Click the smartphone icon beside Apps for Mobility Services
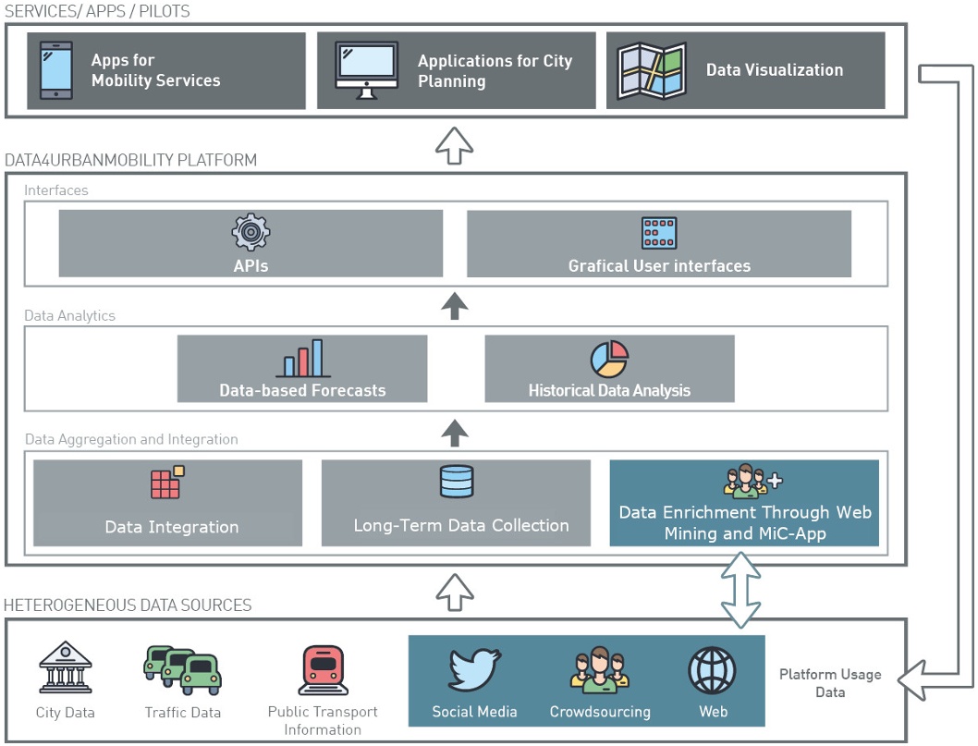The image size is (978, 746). (55, 70)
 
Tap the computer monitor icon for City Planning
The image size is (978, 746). (366, 70)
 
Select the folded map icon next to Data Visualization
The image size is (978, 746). (652, 70)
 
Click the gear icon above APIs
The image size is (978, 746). (251, 233)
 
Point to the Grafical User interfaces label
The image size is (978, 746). (659, 266)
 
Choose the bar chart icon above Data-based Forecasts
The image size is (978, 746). (302, 359)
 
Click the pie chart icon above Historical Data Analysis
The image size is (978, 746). (609, 360)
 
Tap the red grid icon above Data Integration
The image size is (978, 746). (167, 483)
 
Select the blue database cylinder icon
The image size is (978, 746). (456, 483)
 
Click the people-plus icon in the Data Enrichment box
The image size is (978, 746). (751, 482)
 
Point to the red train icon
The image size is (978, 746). (323, 670)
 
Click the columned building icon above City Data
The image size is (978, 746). (65, 668)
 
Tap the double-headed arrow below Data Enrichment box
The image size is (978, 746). (741, 592)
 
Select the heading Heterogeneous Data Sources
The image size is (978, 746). (128, 605)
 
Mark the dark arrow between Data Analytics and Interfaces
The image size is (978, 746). (454, 305)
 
